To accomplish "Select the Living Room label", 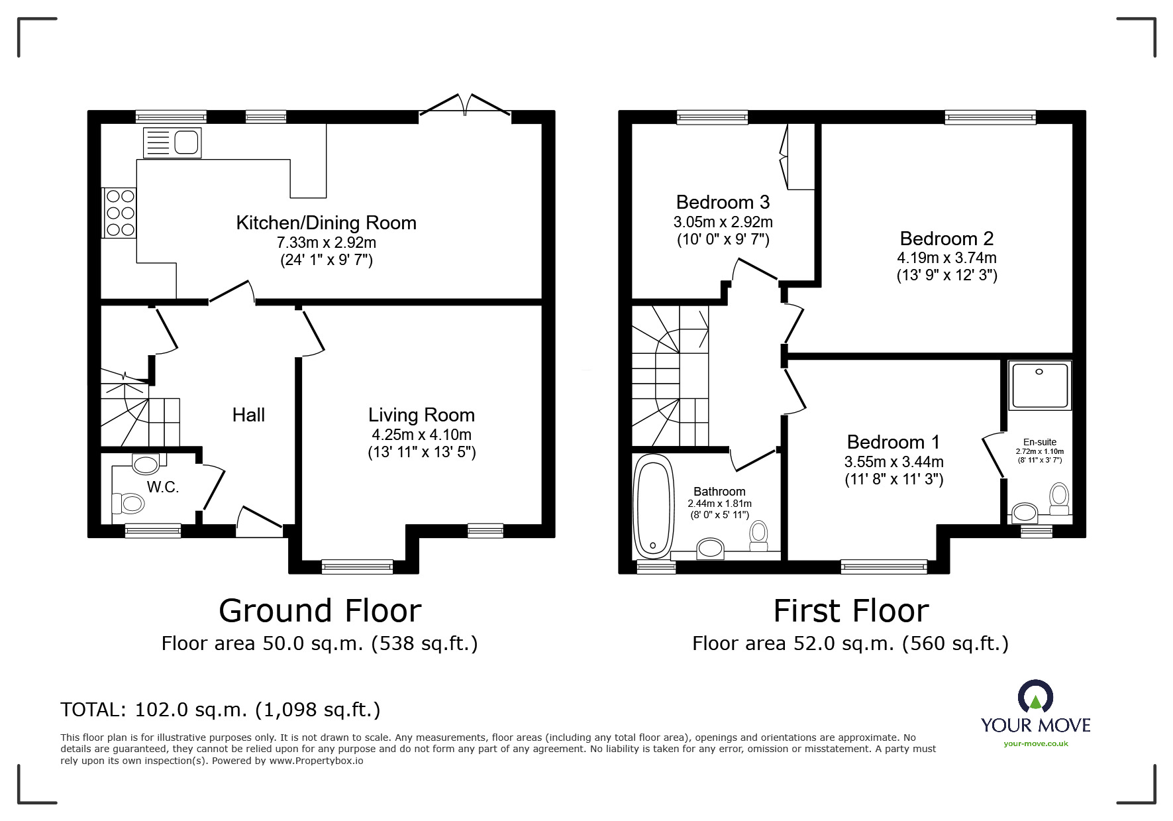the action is (x=422, y=415).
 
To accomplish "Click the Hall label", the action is (x=248, y=415).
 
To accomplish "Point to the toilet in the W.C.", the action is (x=128, y=504).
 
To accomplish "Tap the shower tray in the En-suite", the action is (x=1039, y=385).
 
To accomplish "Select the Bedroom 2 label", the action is (x=947, y=239).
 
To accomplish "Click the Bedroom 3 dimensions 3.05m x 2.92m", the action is (x=723, y=222).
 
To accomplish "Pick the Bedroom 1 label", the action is (x=893, y=442).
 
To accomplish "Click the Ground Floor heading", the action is (x=320, y=611).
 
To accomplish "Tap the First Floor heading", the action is (x=851, y=611).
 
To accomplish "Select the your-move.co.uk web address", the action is (x=1036, y=743).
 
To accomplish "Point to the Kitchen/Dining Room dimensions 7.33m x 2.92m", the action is (x=327, y=243).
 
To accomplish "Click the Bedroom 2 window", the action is (x=991, y=117).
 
